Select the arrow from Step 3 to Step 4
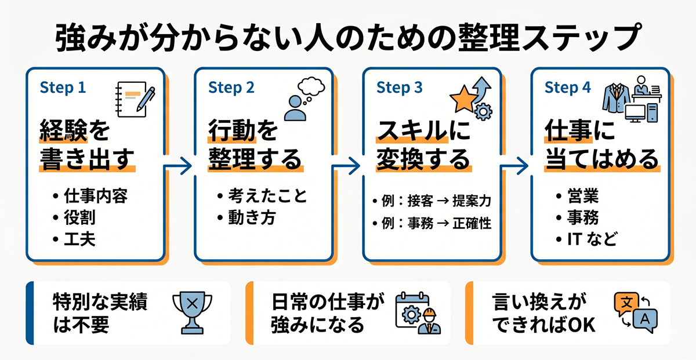(x=514, y=166)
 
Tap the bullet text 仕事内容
(x=96, y=196)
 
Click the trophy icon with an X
(x=193, y=312)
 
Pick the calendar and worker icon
(x=418, y=314)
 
